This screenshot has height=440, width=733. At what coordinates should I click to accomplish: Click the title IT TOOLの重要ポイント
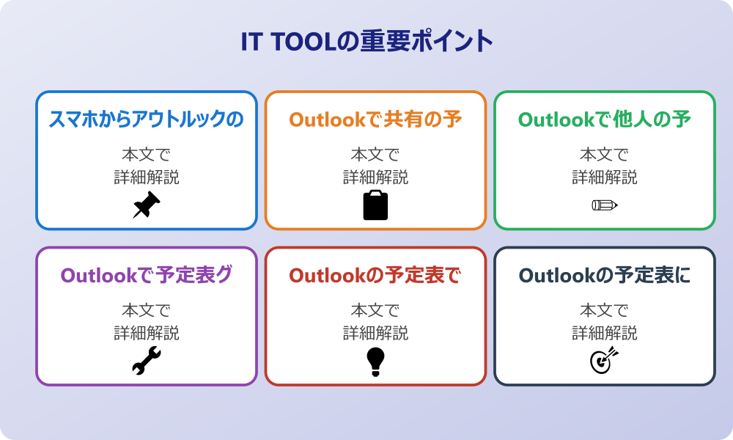click(x=367, y=41)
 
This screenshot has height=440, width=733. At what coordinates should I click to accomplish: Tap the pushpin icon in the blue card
click(x=147, y=205)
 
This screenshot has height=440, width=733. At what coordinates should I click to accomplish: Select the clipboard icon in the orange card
click(x=375, y=205)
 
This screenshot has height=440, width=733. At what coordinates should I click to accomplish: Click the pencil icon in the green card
click(x=605, y=205)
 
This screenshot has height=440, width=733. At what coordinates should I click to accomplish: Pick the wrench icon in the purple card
click(x=147, y=361)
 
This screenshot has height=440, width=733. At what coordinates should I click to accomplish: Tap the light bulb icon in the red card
click(x=375, y=362)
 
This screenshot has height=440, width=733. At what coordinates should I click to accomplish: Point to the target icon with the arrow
click(x=605, y=360)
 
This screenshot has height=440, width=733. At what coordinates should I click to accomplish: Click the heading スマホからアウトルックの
click(x=147, y=120)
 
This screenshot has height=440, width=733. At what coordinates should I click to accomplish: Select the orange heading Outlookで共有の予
click(x=375, y=120)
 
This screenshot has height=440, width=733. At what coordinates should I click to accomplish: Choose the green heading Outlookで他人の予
click(x=605, y=120)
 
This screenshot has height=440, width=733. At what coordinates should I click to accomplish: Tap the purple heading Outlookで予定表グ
click(x=147, y=276)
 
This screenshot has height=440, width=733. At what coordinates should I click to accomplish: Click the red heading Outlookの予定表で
click(x=375, y=276)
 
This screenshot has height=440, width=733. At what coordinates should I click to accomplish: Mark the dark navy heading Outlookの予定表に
click(x=605, y=276)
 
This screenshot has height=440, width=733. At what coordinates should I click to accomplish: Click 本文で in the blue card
click(x=147, y=154)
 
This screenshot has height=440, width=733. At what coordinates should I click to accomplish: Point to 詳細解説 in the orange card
click(x=375, y=177)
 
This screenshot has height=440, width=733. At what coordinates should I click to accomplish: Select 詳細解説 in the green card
click(x=605, y=177)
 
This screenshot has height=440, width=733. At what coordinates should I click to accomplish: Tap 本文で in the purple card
click(x=147, y=310)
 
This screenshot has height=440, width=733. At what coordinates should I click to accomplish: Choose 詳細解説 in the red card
click(x=375, y=333)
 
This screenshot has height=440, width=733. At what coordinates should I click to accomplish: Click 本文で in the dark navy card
click(x=605, y=310)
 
